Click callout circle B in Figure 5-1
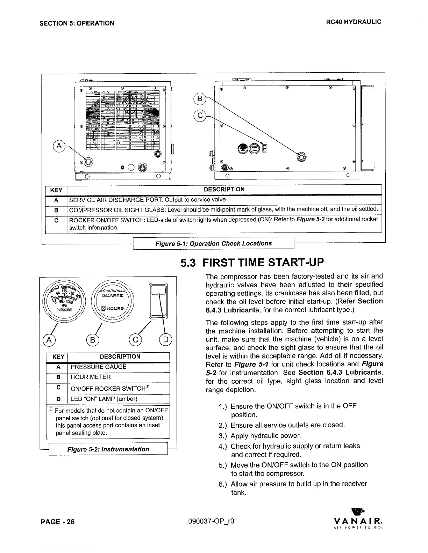[x=200, y=99]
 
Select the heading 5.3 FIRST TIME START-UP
[x=252, y=262]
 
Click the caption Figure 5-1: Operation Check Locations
[x=213, y=243]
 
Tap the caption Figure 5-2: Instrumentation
[x=108, y=449]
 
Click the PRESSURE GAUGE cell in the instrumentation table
[x=99, y=367]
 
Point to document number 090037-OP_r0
[x=211, y=522]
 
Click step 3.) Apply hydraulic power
[x=266, y=436]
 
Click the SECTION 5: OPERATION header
[x=77, y=23]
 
